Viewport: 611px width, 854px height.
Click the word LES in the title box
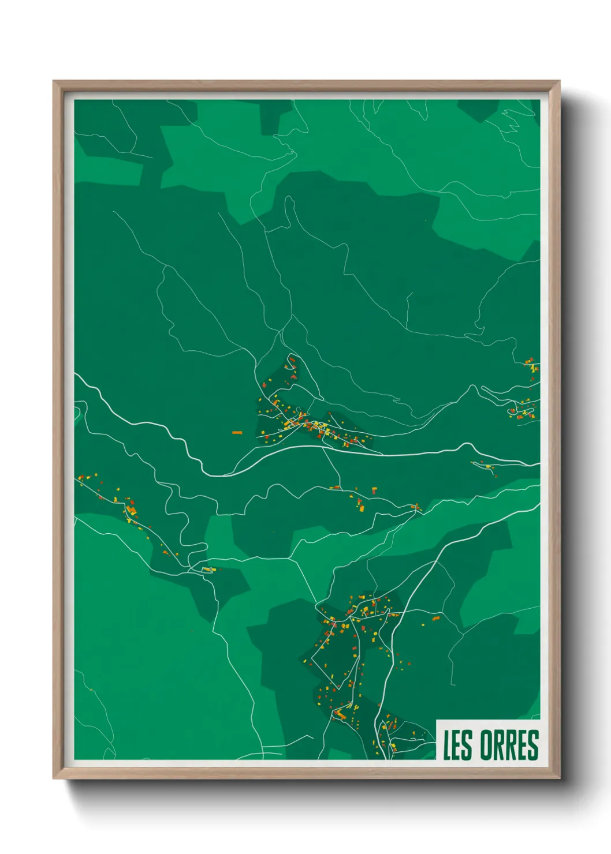pyautogui.click(x=457, y=745)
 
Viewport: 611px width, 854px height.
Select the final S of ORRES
pyautogui.click(x=532, y=745)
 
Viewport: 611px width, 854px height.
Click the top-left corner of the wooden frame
pyautogui.click(x=54, y=82)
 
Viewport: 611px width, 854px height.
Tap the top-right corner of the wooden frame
pyautogui.click(x=559, y=82)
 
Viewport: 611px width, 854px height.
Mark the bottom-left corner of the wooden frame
pyautogui.click(x=54, y=778)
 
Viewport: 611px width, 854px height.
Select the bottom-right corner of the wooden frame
pyautogui.click(x=559, y=778)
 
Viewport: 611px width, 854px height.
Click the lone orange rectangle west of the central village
pyautogui.click(x=237, y=432)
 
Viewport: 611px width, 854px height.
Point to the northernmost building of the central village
pyautogui.click(x=292, y=359)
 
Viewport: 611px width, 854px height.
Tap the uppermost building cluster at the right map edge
pyautogui.click(x=531, y=365)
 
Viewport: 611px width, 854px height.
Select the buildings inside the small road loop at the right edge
pyautogui.click(x=523, y=411)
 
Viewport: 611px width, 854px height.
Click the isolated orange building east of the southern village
pyautogui.click(x=436, y=618)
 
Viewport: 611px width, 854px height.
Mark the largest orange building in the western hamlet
pyautogui.click(x=132, y=510)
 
